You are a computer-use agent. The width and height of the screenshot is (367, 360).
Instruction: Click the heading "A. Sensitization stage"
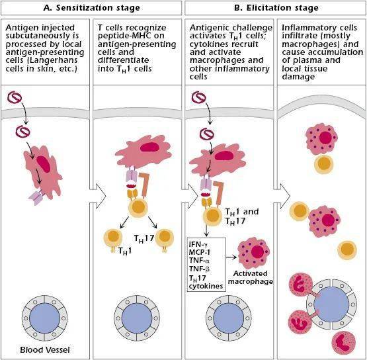tap(91, 8)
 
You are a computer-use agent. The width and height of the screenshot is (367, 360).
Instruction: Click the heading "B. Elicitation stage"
tap(276, 8)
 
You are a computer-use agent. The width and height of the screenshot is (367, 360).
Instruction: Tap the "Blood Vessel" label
tap(45, 349)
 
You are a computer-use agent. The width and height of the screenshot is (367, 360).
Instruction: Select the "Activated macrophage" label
tap(250, 277)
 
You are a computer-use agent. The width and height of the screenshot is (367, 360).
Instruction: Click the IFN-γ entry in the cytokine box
tap(198, 244)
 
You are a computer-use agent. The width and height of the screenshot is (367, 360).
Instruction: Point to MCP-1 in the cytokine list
tap(200, 252)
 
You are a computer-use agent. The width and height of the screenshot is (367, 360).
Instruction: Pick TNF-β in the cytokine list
tap(199, 269)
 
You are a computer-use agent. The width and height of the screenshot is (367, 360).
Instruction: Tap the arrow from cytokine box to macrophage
tap(231, 257)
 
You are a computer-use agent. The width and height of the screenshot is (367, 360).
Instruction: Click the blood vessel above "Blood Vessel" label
tap(44, 318)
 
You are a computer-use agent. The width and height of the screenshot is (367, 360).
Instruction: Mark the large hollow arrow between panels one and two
tap(99, 196)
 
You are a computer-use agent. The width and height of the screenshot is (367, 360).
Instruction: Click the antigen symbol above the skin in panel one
tap(15, 98)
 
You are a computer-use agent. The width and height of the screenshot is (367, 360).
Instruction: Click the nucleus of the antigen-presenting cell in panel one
tap(43, 164)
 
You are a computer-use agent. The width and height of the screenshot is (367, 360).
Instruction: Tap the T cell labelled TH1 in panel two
tap(113, 238)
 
